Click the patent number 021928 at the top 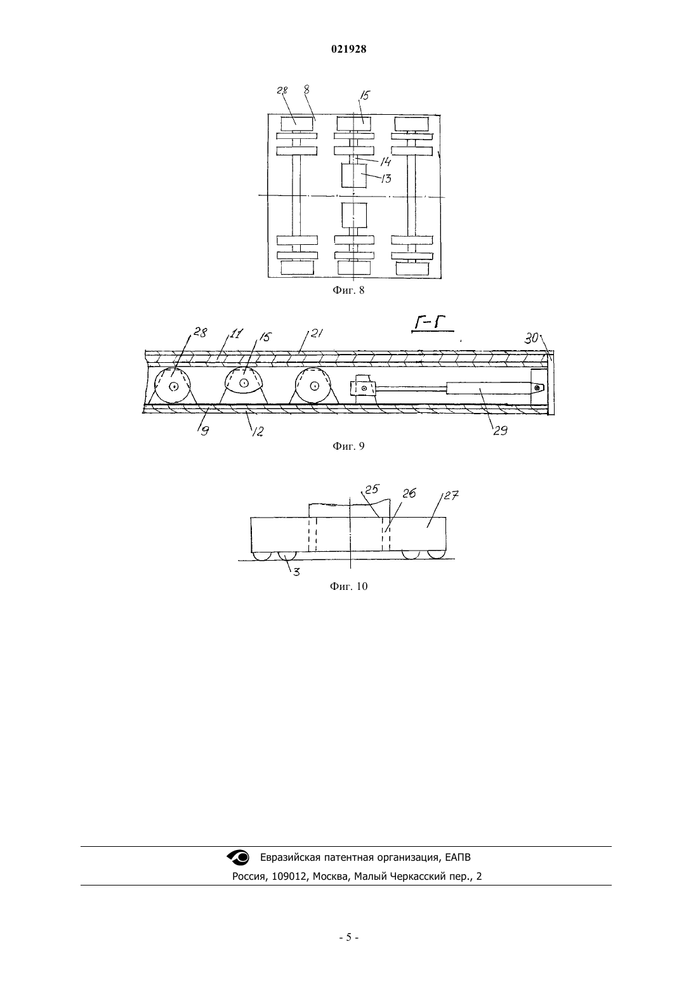(x=348, y=49)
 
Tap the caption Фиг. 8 (x=348, y=291)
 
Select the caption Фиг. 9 (x=348, y=447)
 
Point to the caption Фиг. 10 (x=348, y=587)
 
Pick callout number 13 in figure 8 (x=386, y=179)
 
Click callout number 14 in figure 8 (x=385, y=162)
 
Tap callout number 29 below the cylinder (x=500, y=431)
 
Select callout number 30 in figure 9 (x=532, y=338)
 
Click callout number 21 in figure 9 (x=317, y=334)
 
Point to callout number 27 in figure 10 (x=452, y=495)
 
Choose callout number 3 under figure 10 (x=296, y=572)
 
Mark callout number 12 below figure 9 (x=258, y=431)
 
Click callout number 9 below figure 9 (x=204, y=431)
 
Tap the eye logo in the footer (x=238, y=857)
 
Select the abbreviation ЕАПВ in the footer (x=458, y=858)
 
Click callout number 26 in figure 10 (x=409, y=493)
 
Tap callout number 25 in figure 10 (x=372, y=489)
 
